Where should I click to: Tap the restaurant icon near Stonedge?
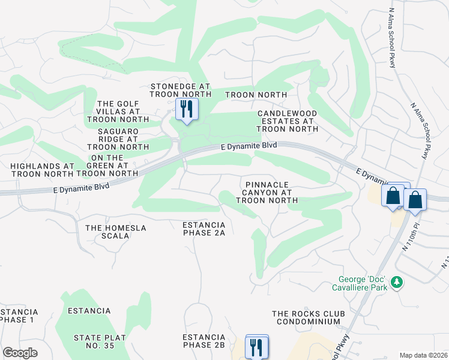185,109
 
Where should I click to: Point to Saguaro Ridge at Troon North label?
118,139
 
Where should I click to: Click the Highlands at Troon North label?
41,169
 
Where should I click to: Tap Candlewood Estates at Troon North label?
288,121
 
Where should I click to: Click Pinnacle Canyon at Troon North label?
267,193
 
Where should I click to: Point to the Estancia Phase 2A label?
203,229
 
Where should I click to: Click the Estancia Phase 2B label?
203,341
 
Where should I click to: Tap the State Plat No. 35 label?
100,342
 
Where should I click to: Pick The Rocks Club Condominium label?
309,317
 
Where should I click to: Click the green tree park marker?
396,282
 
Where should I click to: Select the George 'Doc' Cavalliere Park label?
360,283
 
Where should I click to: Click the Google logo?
20,353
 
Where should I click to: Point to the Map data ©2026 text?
424,355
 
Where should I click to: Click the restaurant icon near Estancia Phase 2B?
257,346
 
